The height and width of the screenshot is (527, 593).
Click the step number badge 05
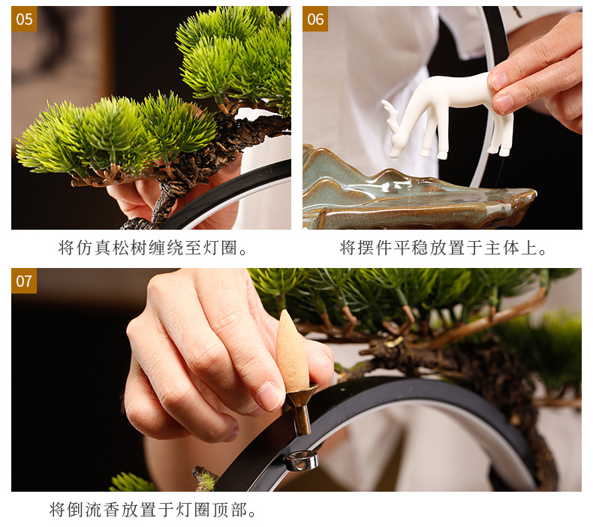pyautogui.click(x=24, y=19)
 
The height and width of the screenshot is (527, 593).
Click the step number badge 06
pyautogui.click(x=315, y=19)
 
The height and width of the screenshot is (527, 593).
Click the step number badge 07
pyautogui.click(x=24, y=281)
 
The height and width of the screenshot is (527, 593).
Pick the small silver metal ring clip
pyautogui.click(x=301, y=460)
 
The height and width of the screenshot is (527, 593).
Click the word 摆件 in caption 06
pyautogui.click(x=385, y=248)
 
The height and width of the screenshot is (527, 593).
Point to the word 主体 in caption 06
pyautogui.click(x=495, y=248)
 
